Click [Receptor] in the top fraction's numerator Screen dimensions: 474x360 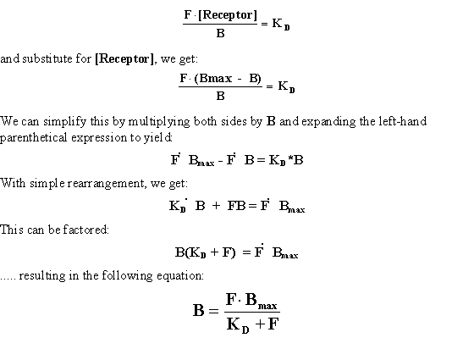tap(228, 15)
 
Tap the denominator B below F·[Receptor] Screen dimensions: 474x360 tap(221, 33)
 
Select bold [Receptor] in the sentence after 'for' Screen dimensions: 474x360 tap(124, 59)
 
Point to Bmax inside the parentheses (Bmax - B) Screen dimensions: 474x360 tap(216, 78)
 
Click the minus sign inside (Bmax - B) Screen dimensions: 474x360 tap(240, 80)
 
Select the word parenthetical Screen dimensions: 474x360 tap(33, 137)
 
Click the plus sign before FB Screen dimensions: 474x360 tap(216, 206)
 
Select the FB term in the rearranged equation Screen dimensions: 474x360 tap(236, 206)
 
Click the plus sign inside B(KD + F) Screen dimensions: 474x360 tap(214, 252)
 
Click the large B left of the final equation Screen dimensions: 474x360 tap(199, 310)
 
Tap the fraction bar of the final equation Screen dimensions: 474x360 tap(252, 312)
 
